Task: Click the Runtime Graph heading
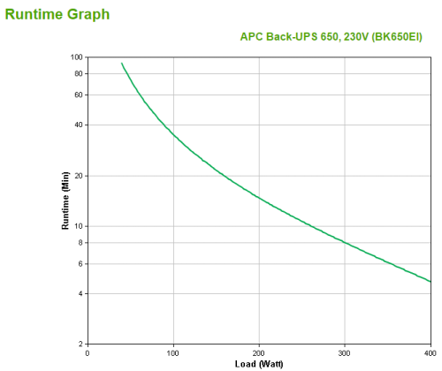point(58,13)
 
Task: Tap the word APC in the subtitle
point(252,37)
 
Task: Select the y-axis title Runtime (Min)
point(65,201)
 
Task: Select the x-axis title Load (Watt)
point(259,363)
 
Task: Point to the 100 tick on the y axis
point(76,57)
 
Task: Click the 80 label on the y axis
point(78,73)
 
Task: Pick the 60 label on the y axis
point(78,95)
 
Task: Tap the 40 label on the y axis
point(78,125)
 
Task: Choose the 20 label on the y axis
point(78,176)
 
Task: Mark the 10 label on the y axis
point(78,227)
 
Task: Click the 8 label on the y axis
point(80,242)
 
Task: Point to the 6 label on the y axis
point(80,264)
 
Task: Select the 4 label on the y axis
point(80,293)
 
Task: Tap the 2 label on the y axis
point(80,344)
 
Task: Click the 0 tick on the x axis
point(88,352)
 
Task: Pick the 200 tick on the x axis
point(259,352)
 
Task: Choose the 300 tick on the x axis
point(345,352)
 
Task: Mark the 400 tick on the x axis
point(429,352)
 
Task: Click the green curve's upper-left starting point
point(122,63)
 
